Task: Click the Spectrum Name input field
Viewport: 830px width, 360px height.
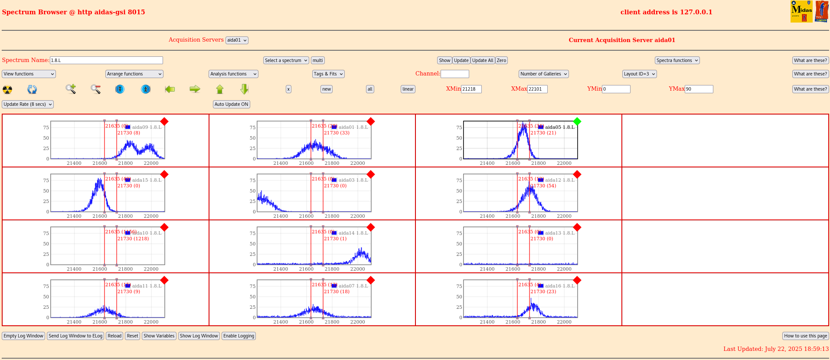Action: (x=106, y=60)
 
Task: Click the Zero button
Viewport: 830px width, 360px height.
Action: (x=501, y=60)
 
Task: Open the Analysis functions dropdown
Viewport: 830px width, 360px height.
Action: (x=233, y=74)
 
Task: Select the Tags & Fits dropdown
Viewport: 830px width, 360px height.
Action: (x=328, y=74)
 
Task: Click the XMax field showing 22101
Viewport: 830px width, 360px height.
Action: (x=537, y=89)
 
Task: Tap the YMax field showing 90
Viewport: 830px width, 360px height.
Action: (x=699, y=89)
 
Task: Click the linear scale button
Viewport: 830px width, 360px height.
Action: (x=408, y=89)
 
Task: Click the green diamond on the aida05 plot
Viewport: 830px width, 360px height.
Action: (x=577, y=121)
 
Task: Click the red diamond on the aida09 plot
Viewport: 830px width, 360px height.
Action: (x=164, y=121)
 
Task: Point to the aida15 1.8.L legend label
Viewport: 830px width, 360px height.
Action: (x=147, y=180)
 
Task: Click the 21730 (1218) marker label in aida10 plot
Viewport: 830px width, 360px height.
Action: (x=133, y=239)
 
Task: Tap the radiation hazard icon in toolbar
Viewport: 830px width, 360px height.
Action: (x=7, y=89)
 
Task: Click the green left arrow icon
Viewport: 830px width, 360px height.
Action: (x=170, y=89)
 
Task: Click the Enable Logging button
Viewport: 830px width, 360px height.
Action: (x=239, y=336)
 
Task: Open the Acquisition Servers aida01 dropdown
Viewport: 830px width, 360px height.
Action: (x=237, y=40)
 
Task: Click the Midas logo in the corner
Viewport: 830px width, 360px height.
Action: (x=801, y=12)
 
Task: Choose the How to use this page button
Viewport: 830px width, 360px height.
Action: (x=805, y=336)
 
